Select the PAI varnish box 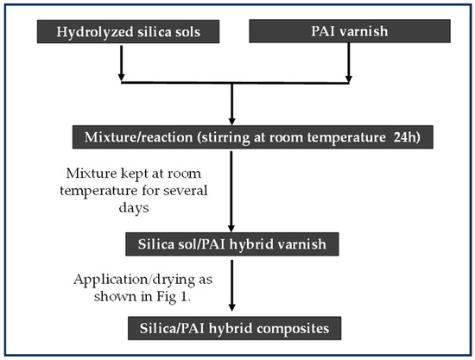(x=349, y=32)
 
